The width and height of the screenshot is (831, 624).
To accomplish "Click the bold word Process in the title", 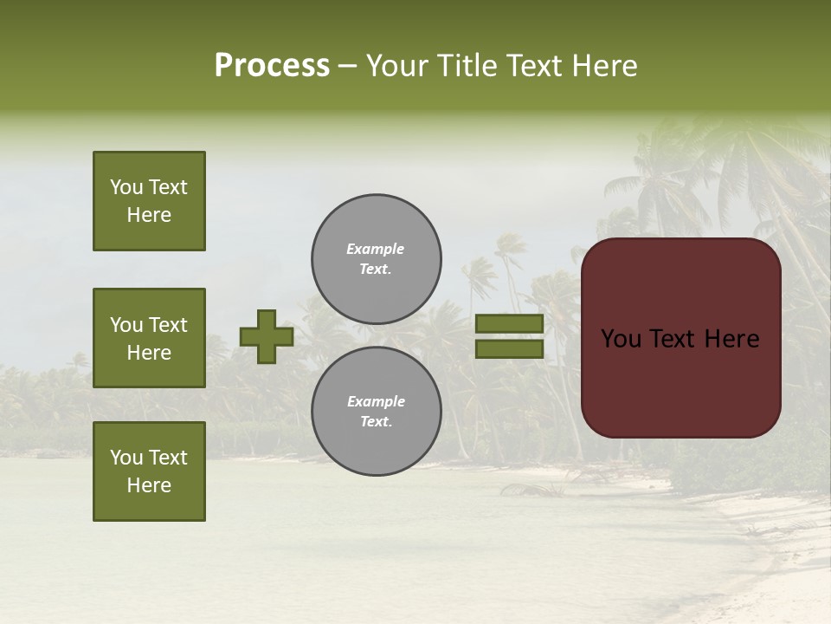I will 272,65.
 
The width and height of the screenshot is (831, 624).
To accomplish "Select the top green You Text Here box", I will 149,201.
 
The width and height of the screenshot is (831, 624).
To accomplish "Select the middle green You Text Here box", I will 149,338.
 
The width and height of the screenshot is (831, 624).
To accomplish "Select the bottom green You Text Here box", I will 149,471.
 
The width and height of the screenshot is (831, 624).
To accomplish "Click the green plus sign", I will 267,336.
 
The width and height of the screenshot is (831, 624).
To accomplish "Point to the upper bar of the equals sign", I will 509,324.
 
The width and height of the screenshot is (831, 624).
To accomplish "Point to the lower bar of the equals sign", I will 509,349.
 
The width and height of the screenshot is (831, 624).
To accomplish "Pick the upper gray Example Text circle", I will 377,259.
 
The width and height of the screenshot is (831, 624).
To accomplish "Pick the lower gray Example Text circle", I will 377,411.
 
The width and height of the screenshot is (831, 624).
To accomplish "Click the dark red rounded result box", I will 680,337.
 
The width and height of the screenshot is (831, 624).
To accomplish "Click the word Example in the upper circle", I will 376,249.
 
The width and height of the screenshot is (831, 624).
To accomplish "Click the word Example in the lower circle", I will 376,401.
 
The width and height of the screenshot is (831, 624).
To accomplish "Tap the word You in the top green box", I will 126,187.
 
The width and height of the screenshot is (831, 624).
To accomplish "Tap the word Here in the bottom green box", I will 149,485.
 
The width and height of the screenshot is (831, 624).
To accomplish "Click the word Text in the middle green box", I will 167,325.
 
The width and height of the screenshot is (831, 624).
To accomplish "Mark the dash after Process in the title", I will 348,67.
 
